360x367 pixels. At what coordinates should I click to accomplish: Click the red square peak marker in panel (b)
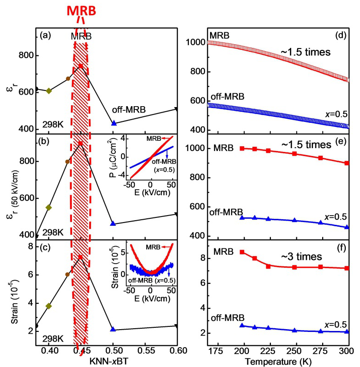(80, 144)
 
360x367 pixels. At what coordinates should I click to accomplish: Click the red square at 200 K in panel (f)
(242, 252)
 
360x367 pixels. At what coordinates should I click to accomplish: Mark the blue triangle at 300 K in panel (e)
(347, 227)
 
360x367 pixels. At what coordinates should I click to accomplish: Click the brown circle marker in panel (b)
(67, 162)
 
